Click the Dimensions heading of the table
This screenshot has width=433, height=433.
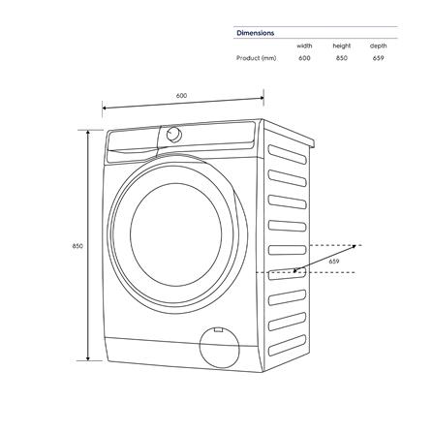(x=256, y=33)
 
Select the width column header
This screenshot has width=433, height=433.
(x=303, y=46)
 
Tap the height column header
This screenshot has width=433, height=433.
(x=342, y=46)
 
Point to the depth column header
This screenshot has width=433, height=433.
(x=378, y=46)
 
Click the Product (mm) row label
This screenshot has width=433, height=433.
(x=257, y=58)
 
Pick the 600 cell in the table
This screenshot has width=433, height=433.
(x=304, y=58)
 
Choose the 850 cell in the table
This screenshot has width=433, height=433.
(x=342, y=58)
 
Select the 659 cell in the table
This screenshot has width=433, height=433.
(x=378, y=58)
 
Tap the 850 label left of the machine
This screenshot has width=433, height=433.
(x=77, y=246)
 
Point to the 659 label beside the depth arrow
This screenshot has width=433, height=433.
(x=333, y=261)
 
